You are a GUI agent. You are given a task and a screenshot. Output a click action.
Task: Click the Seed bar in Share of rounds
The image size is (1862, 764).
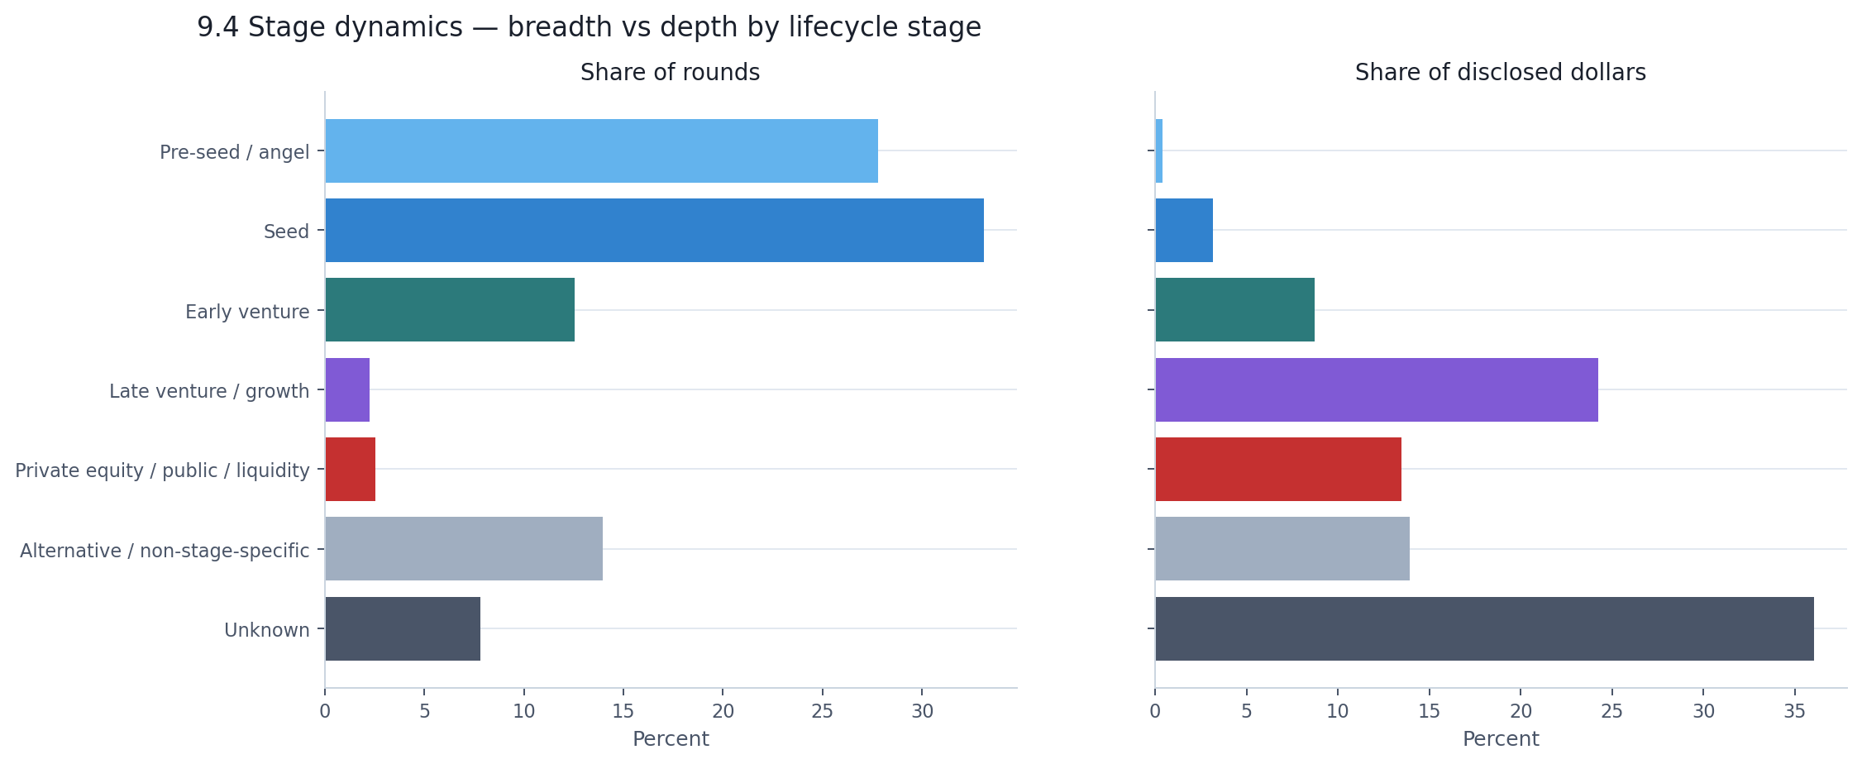pos(654,231)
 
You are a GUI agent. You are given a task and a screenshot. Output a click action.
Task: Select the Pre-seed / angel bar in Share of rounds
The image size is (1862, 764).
pos(601,151)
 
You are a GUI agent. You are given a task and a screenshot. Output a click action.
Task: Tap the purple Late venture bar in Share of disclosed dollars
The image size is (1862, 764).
pos(1376,390)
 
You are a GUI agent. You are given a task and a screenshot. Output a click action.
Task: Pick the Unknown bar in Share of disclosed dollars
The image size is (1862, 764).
pos(1484,629)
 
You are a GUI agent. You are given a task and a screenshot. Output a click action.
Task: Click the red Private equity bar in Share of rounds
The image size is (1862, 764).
pos(351,470)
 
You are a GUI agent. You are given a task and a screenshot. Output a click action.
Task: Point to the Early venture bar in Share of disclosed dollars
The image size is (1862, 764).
pos(1234,310)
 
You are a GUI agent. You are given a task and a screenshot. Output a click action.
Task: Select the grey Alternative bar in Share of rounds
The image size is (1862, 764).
pos(464,549)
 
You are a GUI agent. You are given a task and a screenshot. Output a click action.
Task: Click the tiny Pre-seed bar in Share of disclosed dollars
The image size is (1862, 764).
pos(1159,151)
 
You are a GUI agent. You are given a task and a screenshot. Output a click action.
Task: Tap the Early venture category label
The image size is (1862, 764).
pos(247,312)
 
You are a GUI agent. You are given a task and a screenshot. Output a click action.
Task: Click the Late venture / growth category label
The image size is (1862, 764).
pos(209,391)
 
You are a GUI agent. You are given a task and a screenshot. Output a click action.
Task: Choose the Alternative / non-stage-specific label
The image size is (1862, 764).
pos(165,551)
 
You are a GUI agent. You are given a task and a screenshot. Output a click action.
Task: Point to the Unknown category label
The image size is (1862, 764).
pos(267,630)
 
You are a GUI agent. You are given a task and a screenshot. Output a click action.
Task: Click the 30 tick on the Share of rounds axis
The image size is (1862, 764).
pos(922,711)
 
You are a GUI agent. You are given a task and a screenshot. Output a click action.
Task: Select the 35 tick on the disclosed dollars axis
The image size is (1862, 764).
pos(1794,711)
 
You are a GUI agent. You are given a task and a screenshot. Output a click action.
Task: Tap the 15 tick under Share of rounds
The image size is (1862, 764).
pos(623,711)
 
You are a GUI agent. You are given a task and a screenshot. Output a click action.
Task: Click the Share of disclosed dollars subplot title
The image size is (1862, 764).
pos(1500,73)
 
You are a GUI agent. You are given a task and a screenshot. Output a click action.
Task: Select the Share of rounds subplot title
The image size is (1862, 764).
pos(670,73)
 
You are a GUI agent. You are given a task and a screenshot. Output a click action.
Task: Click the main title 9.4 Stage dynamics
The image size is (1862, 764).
pos(589,27)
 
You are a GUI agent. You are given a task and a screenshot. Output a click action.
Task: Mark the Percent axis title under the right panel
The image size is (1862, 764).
pos(1500,739)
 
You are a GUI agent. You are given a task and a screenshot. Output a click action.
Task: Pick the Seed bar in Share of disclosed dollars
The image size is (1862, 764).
pos(1184,231)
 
